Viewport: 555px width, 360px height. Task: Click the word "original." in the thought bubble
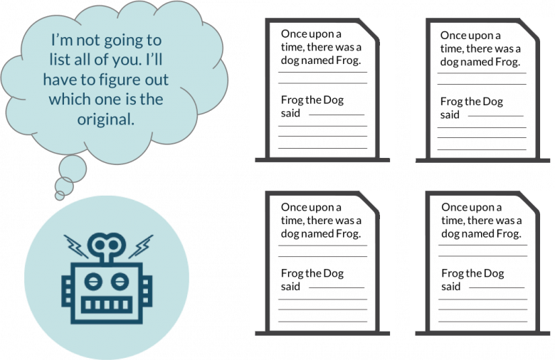coord(106,120)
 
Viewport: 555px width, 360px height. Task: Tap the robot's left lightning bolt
coord(75,246)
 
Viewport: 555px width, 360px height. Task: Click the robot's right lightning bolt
coord(141,246)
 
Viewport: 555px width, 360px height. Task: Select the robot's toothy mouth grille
coord(107,305)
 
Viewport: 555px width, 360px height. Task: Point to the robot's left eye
coord(93,282)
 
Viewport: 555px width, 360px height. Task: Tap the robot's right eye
coord(120,282)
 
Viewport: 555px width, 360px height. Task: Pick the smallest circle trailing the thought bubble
coord(60,196)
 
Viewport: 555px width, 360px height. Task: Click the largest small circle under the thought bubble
coord(73,169)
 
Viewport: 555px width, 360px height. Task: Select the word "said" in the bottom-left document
coord(290,286)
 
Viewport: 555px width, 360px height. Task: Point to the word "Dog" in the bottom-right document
coord(494,274)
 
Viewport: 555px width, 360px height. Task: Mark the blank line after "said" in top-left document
coord(337,115)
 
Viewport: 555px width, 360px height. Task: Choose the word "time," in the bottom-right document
coord(453,221)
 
